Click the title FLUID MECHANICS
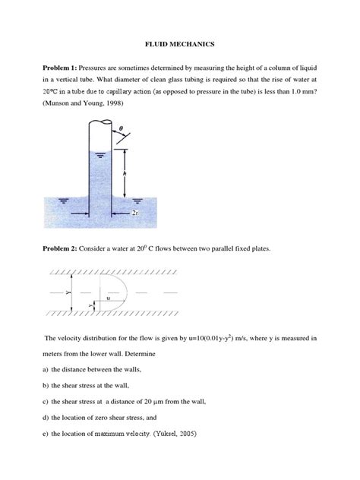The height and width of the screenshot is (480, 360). [180, 45]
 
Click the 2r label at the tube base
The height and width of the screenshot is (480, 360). [134, 214]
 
